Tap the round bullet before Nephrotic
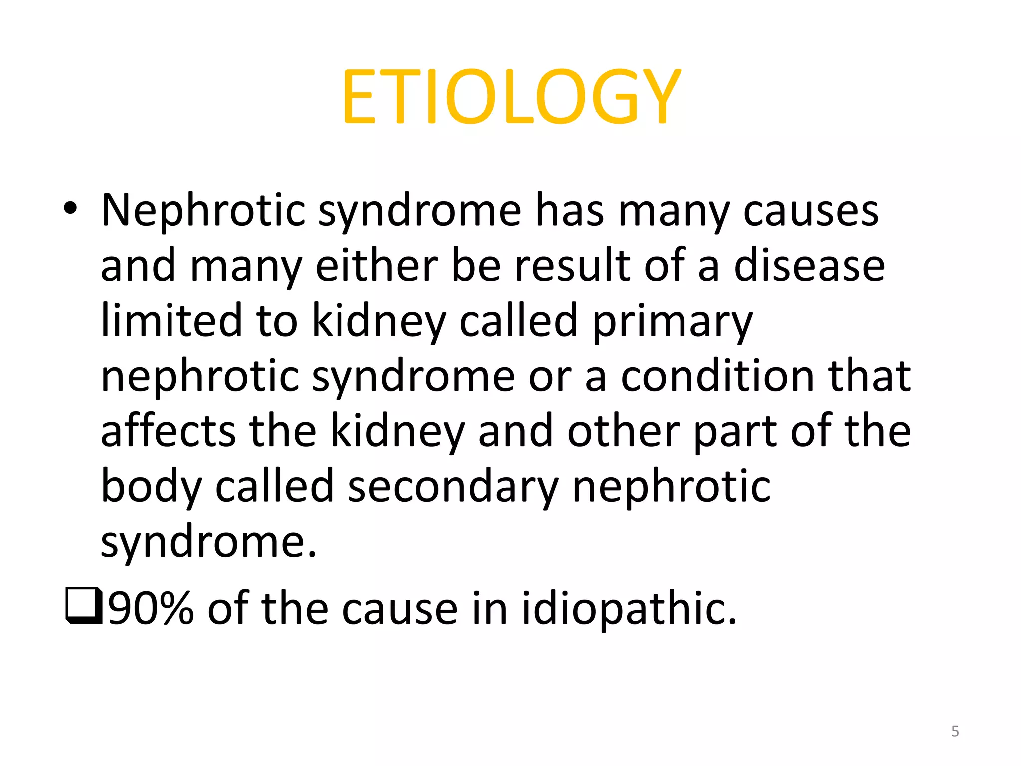point(70,209)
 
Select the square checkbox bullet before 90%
point(83,606)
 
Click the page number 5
point(955,731)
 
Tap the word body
point(151,486)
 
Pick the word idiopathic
point(629,608)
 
